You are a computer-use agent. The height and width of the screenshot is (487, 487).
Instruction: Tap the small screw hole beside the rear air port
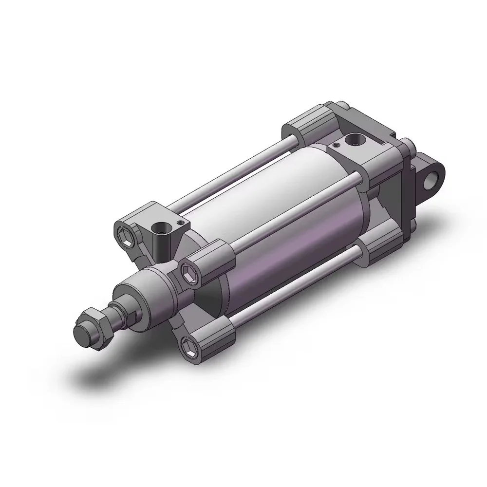335,145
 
